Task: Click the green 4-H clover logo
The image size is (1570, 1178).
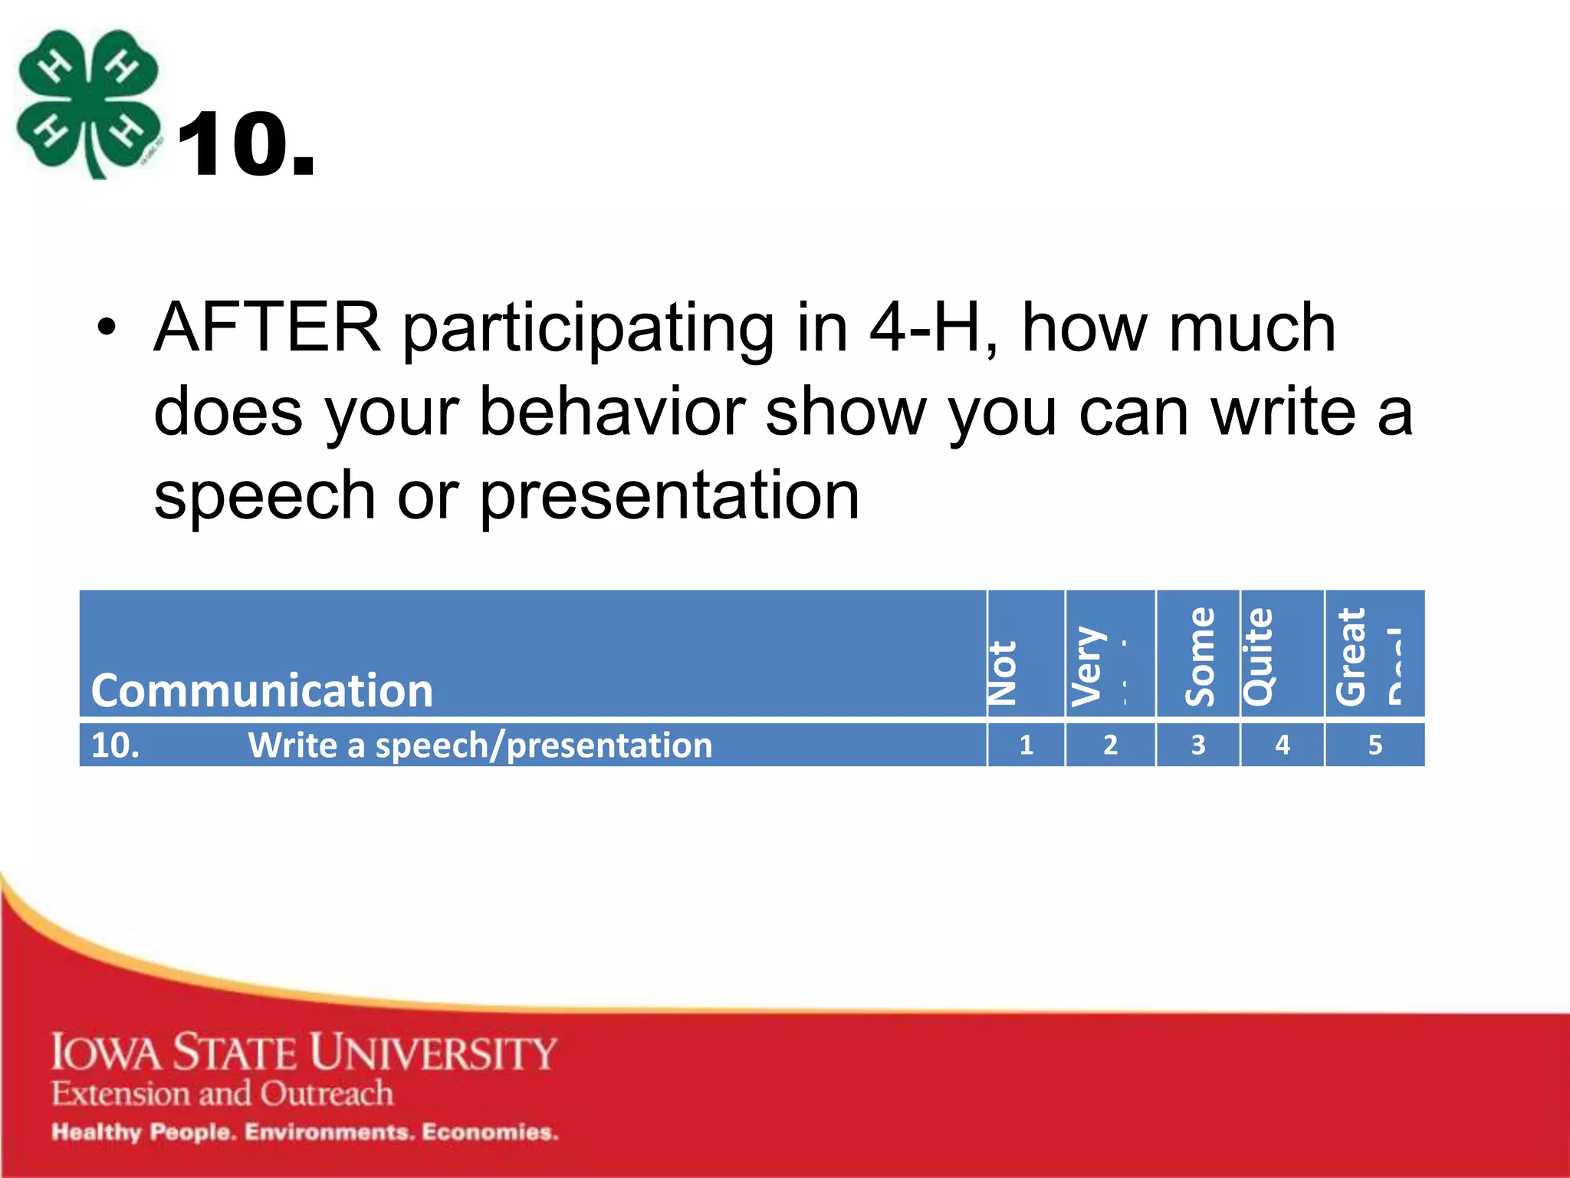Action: click(88, 104)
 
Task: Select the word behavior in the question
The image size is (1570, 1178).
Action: click(612, 413)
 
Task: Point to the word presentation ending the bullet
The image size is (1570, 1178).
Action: click(669, 497)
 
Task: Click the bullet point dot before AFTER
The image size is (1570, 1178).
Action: click(107, 330)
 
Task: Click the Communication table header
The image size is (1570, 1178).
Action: click(262, 690)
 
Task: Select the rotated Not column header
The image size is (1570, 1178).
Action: click(1003, 673)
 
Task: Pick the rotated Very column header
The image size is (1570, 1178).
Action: click(1088, 666)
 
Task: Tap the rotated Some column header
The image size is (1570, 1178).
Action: click(1200, 656)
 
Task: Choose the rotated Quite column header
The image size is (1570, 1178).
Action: click(1259, 656)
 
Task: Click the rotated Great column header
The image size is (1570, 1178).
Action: click(1351, 656)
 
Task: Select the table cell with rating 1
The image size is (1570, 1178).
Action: click(1026, 745)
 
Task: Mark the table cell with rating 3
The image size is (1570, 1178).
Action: click(1198, 745)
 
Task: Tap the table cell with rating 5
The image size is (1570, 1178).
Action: click(1375, 745)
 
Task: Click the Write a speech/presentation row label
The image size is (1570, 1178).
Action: click(480, 745)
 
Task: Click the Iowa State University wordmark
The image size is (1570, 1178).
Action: click(304, 1052)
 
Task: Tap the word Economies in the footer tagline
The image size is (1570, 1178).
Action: click(490, 1132)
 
